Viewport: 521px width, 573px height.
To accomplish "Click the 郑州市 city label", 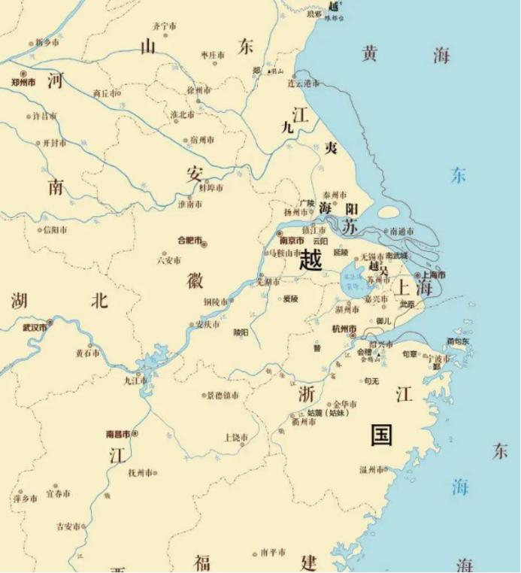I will pyautogui.click(x=23, y=82).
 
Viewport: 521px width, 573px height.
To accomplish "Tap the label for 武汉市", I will pyautogui.click(x=34, y=327).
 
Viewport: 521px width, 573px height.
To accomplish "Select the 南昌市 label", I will pyautogui.click(x=118, y=434).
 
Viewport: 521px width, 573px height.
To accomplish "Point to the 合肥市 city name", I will pyautogui.click(x=189, y=241).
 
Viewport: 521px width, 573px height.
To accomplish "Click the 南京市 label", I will pyautogui.click(x=292, y=241).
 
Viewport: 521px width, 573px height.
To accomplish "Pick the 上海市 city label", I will pyautogui.click(x=432, y=275).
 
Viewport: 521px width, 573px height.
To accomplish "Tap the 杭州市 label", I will pyautogui.click(x=344, y=329).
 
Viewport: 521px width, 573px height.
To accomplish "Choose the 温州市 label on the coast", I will pyautogui.click(x=371, y=470).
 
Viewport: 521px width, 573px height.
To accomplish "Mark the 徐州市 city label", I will pyautogui.click(x=201, y=89).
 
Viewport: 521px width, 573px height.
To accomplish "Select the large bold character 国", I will pyautogui.click(x=381, y=434).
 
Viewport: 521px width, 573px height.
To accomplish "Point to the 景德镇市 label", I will pyautogui.click(x=223, y=395).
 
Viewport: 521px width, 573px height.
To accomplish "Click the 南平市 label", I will pyautogui.click(x=273, y=553).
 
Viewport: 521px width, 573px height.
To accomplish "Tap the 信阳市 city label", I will pyautogui.click(x=56, y=229).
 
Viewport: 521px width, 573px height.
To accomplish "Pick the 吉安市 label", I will pyautogui.click(x=67, y=527).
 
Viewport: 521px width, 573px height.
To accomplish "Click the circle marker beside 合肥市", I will pyautogui.click(x=204, y=243).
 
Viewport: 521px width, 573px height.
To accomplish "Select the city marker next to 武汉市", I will pyautogui.click(x=50, y=327).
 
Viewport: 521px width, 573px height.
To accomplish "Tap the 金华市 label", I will pyautogui.click(x=345, y=403).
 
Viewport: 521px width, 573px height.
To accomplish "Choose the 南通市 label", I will pyautogui.click(x=399, y=232).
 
